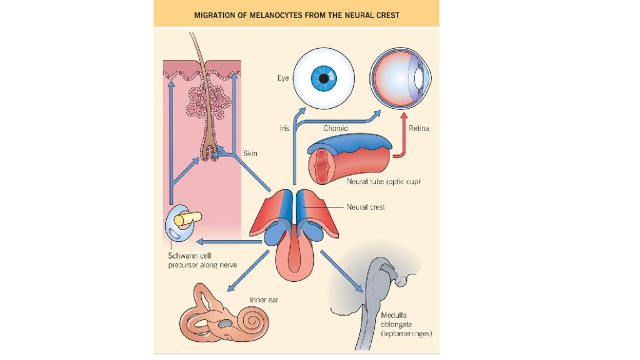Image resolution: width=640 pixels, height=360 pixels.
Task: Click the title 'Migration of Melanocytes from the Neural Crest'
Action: point(296,14)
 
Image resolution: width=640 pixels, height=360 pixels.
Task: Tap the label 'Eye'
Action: point(283,79)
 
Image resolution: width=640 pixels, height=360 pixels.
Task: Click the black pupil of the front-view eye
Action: point(324,79)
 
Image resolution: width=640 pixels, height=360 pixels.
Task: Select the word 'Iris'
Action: point(284,128)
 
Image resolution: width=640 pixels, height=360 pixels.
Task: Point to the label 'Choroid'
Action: point(336,128)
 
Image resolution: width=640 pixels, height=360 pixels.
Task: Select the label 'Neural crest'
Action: point(366,207)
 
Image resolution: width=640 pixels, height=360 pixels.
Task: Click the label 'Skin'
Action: point(251,152)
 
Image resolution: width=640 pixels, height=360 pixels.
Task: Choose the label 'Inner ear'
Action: point(264,299)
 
